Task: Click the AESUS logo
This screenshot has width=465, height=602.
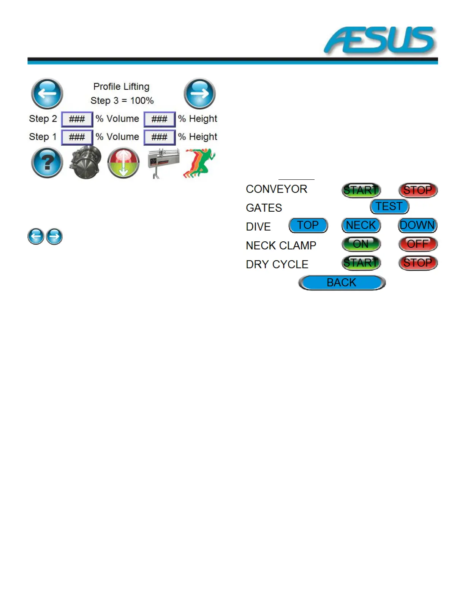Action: pos(380,40)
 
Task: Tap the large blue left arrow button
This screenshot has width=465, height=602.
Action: pos(47,93)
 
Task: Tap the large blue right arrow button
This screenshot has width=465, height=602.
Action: pos(199,93)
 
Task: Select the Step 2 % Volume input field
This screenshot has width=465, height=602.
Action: pos(77,119)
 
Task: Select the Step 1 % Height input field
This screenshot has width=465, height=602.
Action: pos(159,137)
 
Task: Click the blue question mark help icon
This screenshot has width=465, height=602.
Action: pos(47,163)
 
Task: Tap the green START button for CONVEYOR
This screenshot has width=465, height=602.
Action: pos(361,190)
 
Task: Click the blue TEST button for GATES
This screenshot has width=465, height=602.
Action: pos(389,206)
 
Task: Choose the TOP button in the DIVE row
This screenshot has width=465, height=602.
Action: pos(308,225)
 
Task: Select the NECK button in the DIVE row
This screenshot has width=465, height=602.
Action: pos(361,225)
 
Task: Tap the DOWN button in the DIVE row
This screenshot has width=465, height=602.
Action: pos(418,225)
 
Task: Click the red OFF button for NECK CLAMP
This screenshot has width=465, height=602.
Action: pos(418,244)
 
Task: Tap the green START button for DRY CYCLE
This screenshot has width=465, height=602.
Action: pos(361,263)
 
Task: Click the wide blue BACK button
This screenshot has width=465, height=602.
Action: pos(342,283)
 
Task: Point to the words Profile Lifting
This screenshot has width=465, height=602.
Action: pos(122,87)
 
